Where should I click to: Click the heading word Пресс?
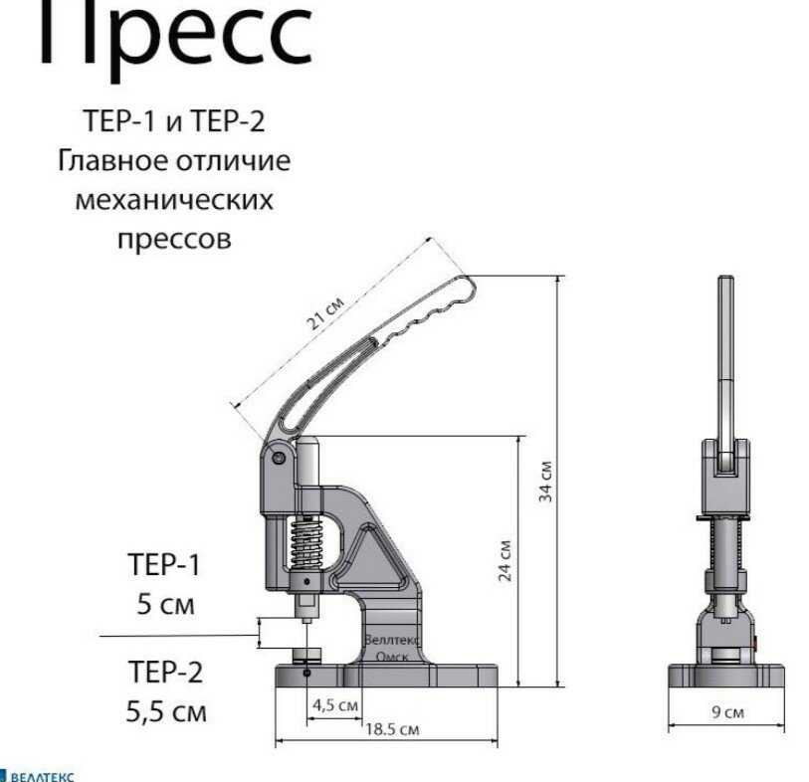(x=175, y=34)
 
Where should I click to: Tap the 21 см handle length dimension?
(x=324, y=315)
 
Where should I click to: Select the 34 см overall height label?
(x=546, y=482)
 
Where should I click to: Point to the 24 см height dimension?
(x=506, y=559)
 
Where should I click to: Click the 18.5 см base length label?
(x=391, y=729)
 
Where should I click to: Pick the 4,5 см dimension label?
(x=335, y=704)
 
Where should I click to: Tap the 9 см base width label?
(x=731, y=712)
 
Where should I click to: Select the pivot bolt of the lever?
(x=280, y=458)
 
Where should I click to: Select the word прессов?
(x=174, y=239)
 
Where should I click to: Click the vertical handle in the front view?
(x=727, y=358)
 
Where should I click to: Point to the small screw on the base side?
(x=306, y=674)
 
